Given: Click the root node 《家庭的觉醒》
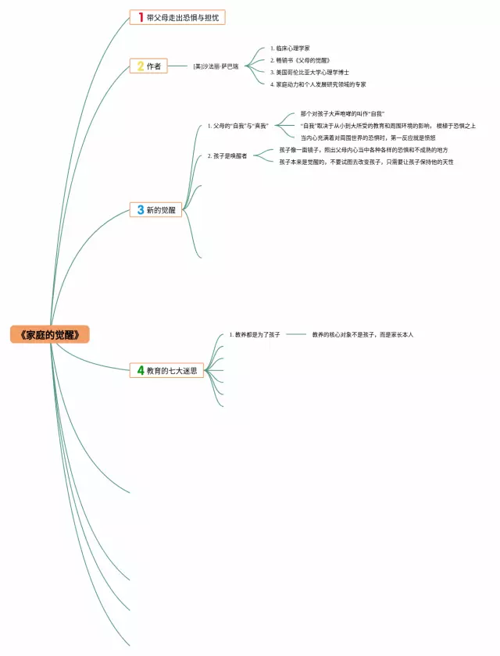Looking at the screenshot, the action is click(x=50, y=335).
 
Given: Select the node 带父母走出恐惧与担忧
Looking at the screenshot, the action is click(x=183, y=17).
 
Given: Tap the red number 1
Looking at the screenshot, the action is click(x=140, y=17).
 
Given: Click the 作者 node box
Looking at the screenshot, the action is click(x=148, y=66).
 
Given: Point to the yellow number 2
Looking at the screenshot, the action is click(x=140, y=66).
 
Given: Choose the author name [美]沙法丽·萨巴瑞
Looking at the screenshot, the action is click(x=216, y=66).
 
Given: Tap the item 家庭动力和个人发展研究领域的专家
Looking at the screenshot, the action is click(x=318, y=84).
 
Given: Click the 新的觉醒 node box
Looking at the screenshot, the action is click(x=156, y=209).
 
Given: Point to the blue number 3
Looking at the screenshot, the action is click(x=140, y=209).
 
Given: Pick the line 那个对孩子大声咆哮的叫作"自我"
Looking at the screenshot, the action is click(x=342, y=114).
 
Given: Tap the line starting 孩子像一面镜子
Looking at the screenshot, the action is click(x=363, y=150).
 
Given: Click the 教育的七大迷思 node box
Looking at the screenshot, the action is click(x=166, y=371).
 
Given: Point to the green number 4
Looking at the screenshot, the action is click(x=140, y=371).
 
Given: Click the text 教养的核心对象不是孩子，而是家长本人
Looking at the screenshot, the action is click(x=362, y=334).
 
